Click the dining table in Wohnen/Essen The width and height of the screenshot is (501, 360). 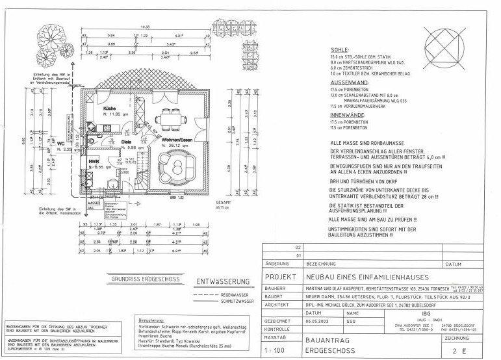(170, 118)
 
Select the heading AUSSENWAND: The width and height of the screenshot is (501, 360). (350, 84)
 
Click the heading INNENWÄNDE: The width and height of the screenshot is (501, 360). (350, 116)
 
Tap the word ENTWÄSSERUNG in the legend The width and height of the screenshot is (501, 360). (224, 281)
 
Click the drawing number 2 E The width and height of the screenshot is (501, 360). (467, 351)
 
